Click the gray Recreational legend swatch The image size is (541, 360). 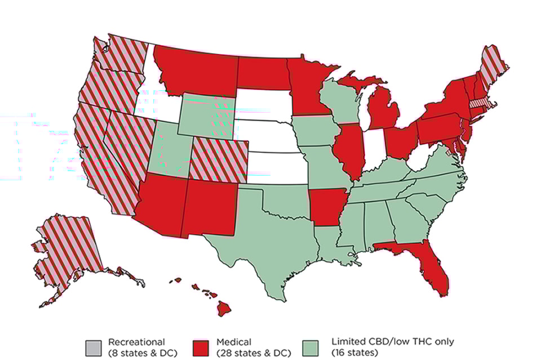(x=94, y=346)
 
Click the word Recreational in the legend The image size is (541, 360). (x=136, y=341)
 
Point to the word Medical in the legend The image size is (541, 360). (x=234, y=341)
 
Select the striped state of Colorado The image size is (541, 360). (x=219, y=161)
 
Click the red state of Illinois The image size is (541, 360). (x=349, y=152)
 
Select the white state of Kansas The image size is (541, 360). (x=276, y=168)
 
